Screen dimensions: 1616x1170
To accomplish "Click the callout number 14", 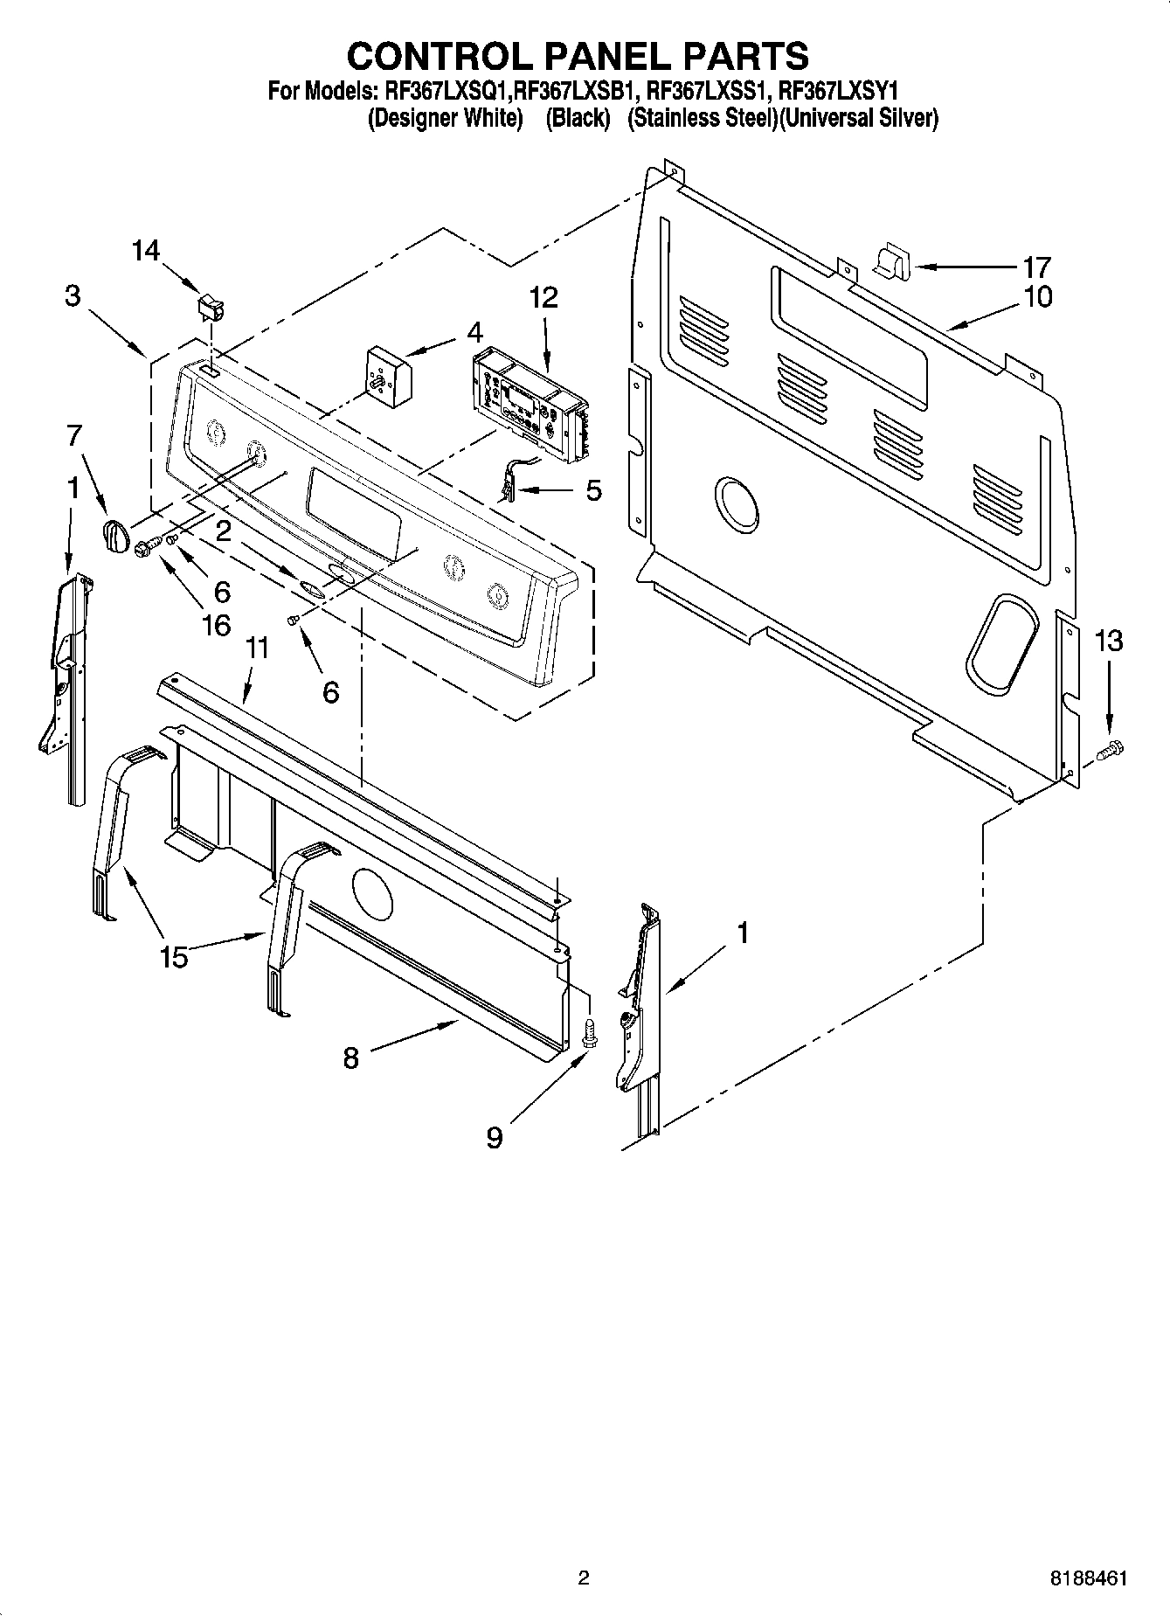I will (146, 251).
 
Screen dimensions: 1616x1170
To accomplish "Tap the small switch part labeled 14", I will (211, 306).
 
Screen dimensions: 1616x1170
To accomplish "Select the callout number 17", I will (1037, 266).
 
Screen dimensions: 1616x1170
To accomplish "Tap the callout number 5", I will (593, 490).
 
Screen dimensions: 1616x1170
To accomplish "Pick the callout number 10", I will (1038, 296).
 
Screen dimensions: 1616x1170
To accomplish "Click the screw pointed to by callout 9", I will (589, 1033).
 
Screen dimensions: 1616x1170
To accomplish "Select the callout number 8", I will (350, 1058).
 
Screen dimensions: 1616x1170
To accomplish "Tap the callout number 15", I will (174, 957).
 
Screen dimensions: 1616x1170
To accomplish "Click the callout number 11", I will (257, 649).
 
